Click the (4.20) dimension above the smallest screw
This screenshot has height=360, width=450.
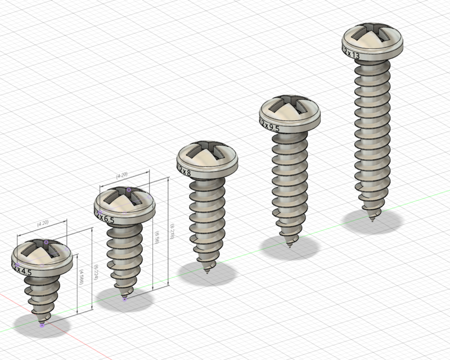42,223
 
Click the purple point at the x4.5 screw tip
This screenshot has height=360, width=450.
42,325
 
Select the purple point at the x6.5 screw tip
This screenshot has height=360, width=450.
124,299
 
